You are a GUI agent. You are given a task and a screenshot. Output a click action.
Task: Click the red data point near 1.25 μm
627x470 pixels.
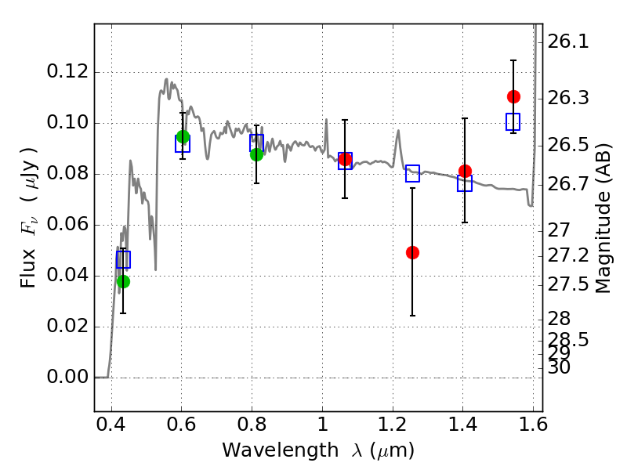pyautogui.click(x=412, y=252)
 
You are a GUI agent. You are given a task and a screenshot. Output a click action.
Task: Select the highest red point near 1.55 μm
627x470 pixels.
pyautogui.click(x=513, y=96)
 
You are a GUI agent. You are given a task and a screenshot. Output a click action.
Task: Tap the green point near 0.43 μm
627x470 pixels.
pyautogui.click(x=123, y=281)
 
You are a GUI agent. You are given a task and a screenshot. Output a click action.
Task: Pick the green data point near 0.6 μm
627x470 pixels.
pyautogui.click(x=183, y=137)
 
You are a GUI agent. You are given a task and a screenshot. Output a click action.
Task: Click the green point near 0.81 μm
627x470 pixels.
pyautogui.click(x=256, y=154)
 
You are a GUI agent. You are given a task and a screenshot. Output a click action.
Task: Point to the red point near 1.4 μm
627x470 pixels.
pyautogui.click(x=465, y=171)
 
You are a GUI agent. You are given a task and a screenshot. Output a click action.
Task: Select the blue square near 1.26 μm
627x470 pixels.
pyautogui.click(x=412, y=174)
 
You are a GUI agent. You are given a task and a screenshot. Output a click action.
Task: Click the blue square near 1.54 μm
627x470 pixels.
pyautogui.click(x=513, y=121)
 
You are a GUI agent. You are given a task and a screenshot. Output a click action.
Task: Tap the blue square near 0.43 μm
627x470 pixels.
pyautogui.click(x=123, y=259)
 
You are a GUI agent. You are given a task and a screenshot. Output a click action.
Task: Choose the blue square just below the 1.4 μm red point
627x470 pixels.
pyautogui.click(x=465, y=183)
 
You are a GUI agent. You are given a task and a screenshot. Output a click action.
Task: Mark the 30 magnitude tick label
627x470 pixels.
pyautogui.click(x=561, y=367)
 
